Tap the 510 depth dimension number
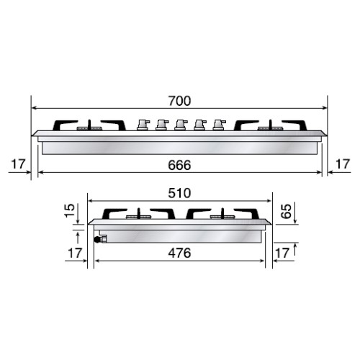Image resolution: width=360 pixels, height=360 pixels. [181, 194]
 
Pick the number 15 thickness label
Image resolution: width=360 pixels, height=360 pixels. [69, 212]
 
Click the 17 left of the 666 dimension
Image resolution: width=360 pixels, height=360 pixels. [17, 165]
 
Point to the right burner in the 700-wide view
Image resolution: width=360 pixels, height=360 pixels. [268, 127]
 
